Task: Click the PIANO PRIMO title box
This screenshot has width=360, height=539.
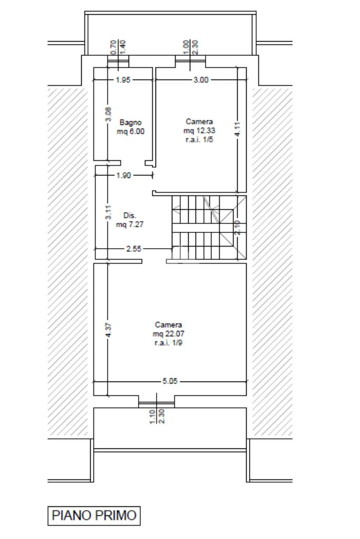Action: point(94,516)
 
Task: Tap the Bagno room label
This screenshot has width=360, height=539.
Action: point(131,122)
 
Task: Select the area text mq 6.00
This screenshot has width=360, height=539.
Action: point(131,131)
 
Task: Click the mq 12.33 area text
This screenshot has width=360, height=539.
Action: point(199,131)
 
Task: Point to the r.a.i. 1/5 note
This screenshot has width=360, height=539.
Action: point(199,140)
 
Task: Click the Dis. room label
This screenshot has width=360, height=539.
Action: point(130,215)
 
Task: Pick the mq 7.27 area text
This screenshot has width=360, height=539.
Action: point(130,224)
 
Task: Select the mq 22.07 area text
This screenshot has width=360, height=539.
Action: point(169,334)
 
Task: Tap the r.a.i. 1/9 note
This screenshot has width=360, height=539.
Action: point(169,342)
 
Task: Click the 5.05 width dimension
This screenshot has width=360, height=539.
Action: point(170,381)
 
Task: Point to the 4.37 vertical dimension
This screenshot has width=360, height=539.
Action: point(108,330)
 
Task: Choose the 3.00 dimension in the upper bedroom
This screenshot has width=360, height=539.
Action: point(201,80)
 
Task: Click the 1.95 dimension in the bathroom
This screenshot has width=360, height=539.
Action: point(123,80)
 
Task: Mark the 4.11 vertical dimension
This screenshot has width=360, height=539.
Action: point(238,130)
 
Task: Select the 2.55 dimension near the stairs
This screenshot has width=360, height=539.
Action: point(133,249)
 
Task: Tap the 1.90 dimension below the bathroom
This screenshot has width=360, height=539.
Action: point(124,175)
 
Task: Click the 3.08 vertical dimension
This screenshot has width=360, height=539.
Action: point(108,114)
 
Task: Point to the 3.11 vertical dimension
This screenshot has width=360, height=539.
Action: point(108,212)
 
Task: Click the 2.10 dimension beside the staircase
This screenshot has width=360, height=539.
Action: point(238,228)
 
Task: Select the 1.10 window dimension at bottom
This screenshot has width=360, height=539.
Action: point(153,417)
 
